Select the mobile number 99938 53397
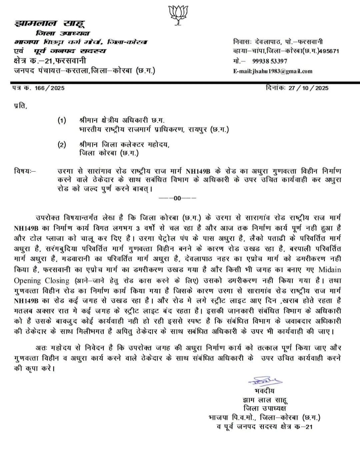270,61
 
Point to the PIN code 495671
329,51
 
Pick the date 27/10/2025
308,88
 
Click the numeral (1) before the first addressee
62,120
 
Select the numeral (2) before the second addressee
62,144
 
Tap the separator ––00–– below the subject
177,198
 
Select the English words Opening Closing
42,281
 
